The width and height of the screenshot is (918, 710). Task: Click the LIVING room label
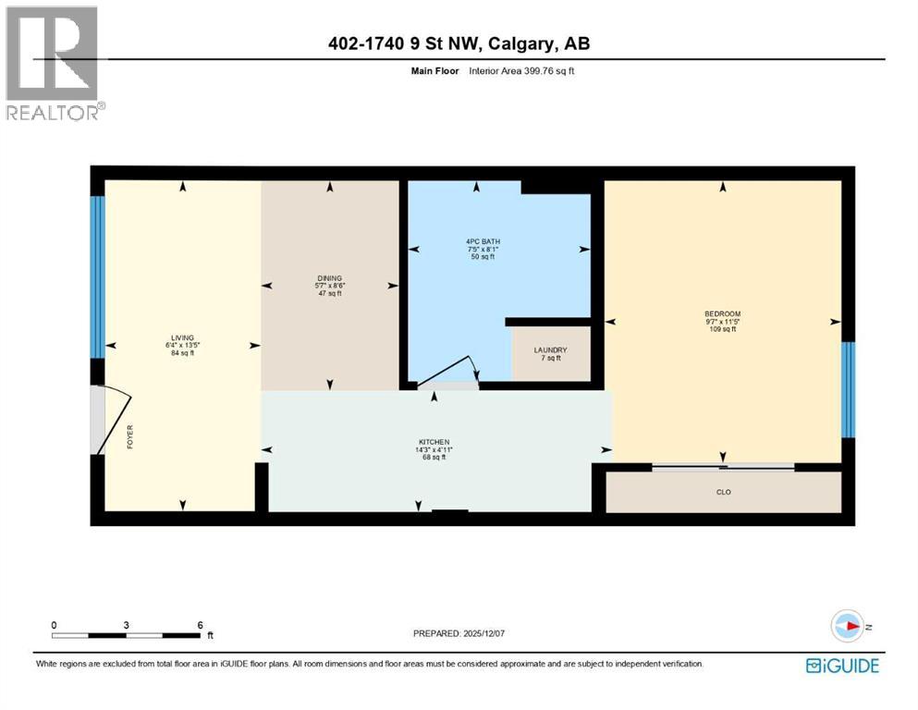[181, 337]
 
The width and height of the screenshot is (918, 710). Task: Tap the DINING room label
[329, 278]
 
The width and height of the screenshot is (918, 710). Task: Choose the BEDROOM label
[722, 314]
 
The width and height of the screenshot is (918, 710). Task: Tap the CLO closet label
[724, 492]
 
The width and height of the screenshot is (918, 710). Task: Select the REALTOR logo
[54, 63]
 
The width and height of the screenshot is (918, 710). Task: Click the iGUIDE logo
[841, 665]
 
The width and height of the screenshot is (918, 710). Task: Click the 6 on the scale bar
[200, 625]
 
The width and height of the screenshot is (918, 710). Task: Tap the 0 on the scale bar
[54, 625]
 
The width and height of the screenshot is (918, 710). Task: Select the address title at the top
[459, 43]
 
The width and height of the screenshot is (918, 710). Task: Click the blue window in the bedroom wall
[848, 389]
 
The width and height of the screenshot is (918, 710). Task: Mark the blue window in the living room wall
[97, 276]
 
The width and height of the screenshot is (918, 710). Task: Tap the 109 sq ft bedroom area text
[722, 329]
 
